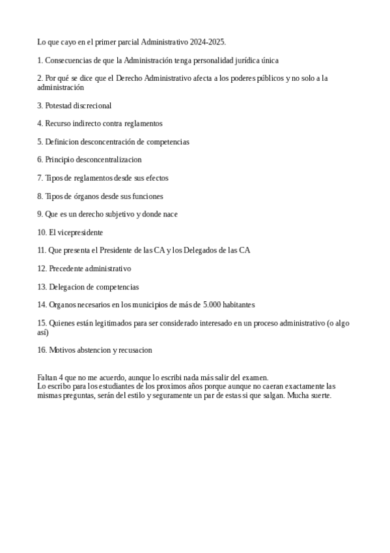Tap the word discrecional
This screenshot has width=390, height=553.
91,105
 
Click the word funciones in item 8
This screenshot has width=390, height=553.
148,196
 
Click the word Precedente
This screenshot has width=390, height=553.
66,268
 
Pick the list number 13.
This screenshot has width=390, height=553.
42,286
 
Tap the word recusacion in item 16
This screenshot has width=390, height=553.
134,350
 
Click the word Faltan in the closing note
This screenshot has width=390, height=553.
48,377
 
